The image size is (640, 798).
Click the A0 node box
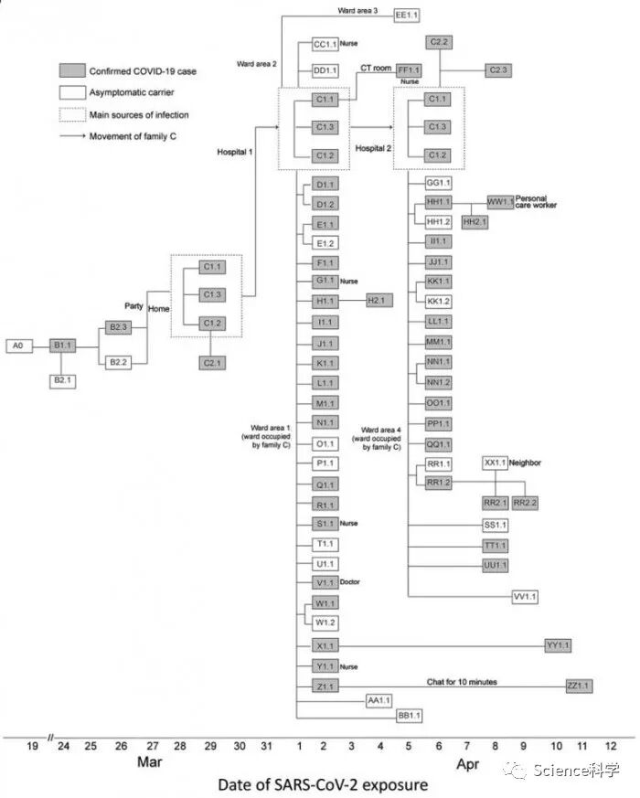point(18,346)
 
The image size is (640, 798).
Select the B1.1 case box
point(62,346)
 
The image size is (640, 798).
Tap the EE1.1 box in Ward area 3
point(406,15)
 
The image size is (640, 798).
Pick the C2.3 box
point(498,69)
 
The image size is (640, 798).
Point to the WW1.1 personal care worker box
point(500,201)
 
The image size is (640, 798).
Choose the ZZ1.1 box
point(578,686)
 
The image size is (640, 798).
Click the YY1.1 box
point(557,646)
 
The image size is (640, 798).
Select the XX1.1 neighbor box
point(496,463)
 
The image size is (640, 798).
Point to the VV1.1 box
point(526,597)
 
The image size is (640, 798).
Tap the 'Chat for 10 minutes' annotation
point(458,681)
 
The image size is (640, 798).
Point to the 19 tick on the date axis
point(32,747)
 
